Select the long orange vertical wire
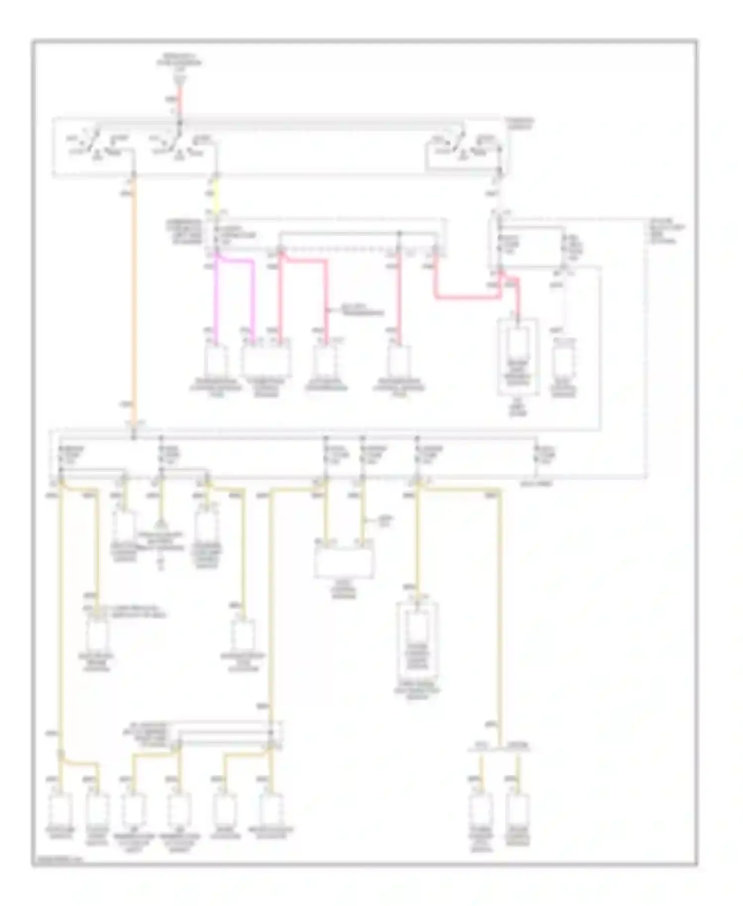(x=134, y=297)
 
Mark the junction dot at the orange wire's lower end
(x=134, y=438)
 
